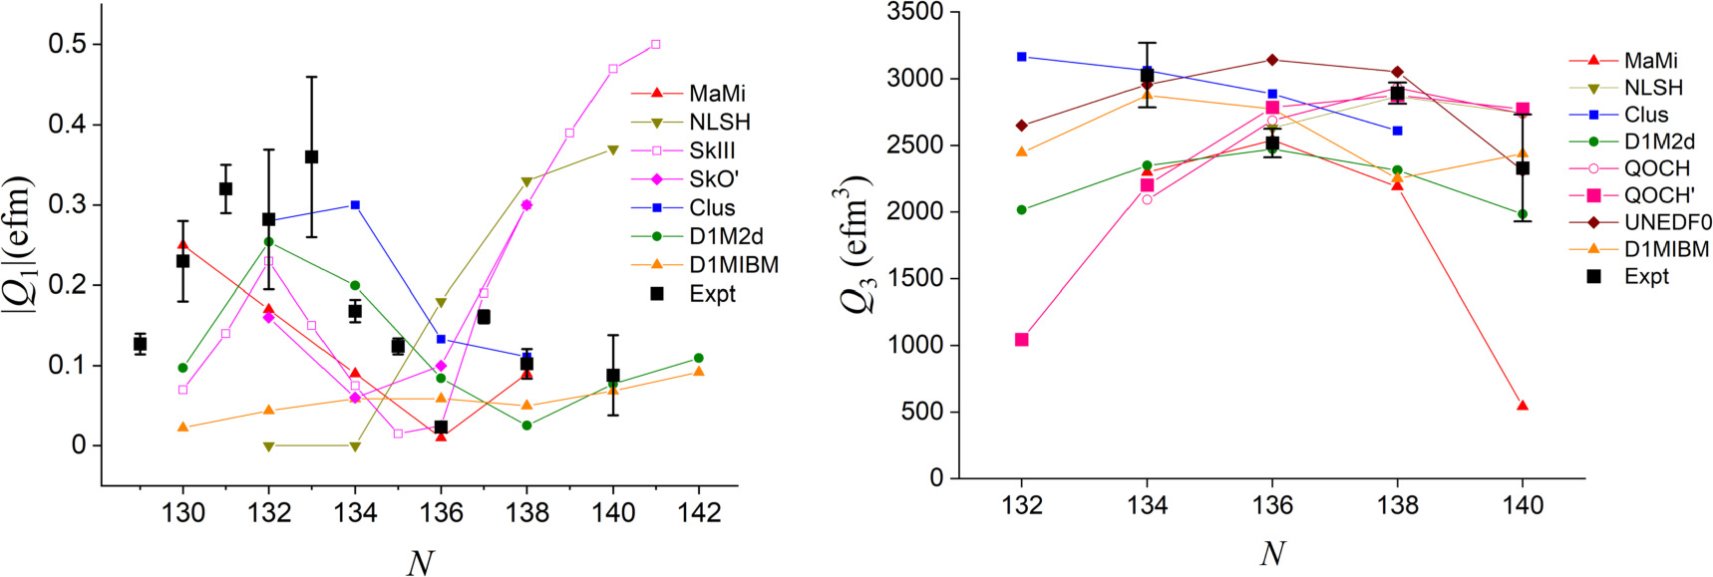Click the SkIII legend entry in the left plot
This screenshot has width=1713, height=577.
pyautogui.click(x=712, y=150)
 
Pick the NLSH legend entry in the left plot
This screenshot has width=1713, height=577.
pyautogui.click(x=719, y=122)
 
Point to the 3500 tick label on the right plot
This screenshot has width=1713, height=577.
pyautogui.click(x=915, y=12)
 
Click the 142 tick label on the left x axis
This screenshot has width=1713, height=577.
pyautogui.click(x=699, y=512)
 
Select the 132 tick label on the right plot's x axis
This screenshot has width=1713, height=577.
pyautogui.click(x=1022, y=505)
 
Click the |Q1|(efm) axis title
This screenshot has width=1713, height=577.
pyautogui.click(x=21, y=244)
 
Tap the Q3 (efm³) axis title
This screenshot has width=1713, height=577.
pyautogui.click(x=859, y=244)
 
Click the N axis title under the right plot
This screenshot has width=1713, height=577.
pyautogui.click(x=1271, y=553)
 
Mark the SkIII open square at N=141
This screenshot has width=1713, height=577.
pyautogui.click(x=655, y=45)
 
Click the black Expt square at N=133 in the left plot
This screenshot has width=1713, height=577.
pyautogui.click(x=311, y=156)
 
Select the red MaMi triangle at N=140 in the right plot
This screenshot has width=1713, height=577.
pyautogui.click(x=1523, y=406)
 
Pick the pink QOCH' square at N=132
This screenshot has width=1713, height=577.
pyautogui.click(x=1022, y=340)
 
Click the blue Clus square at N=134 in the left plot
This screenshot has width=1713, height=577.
pyautogui.click(x=355, y=204)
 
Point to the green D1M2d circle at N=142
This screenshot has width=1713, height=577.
pyautogui.click(x=698, y=358)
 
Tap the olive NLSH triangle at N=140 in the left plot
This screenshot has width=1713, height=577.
pyautogui.click(x=612, y=149)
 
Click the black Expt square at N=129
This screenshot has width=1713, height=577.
pyautogui.click(x=140, y=344)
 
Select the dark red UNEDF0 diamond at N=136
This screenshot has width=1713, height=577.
pyautogui.click(x=1272, y=60)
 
